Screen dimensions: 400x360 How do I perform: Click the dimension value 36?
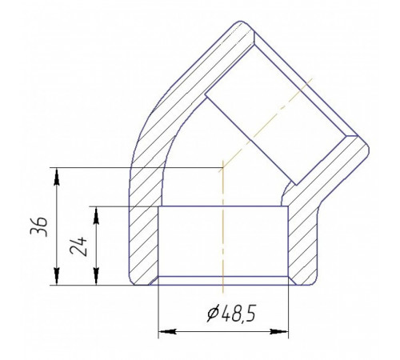click(39, 226)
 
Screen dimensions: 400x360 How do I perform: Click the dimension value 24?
click(78, 246)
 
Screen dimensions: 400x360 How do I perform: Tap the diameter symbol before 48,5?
click(214, 314)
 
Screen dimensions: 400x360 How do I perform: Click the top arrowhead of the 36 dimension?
click(56, 176)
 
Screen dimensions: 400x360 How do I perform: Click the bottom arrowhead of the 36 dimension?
click(56, 277)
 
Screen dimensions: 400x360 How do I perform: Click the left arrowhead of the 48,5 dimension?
click(168, 332)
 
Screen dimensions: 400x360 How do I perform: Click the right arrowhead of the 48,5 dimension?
click(279, 332)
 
